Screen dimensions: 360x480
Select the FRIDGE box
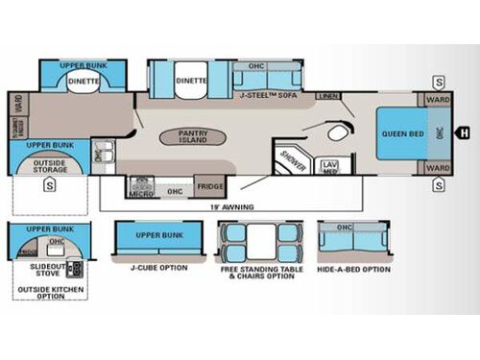pos(210,186)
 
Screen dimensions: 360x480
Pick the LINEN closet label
pos(329,97)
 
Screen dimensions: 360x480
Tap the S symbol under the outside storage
pos(47,184)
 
